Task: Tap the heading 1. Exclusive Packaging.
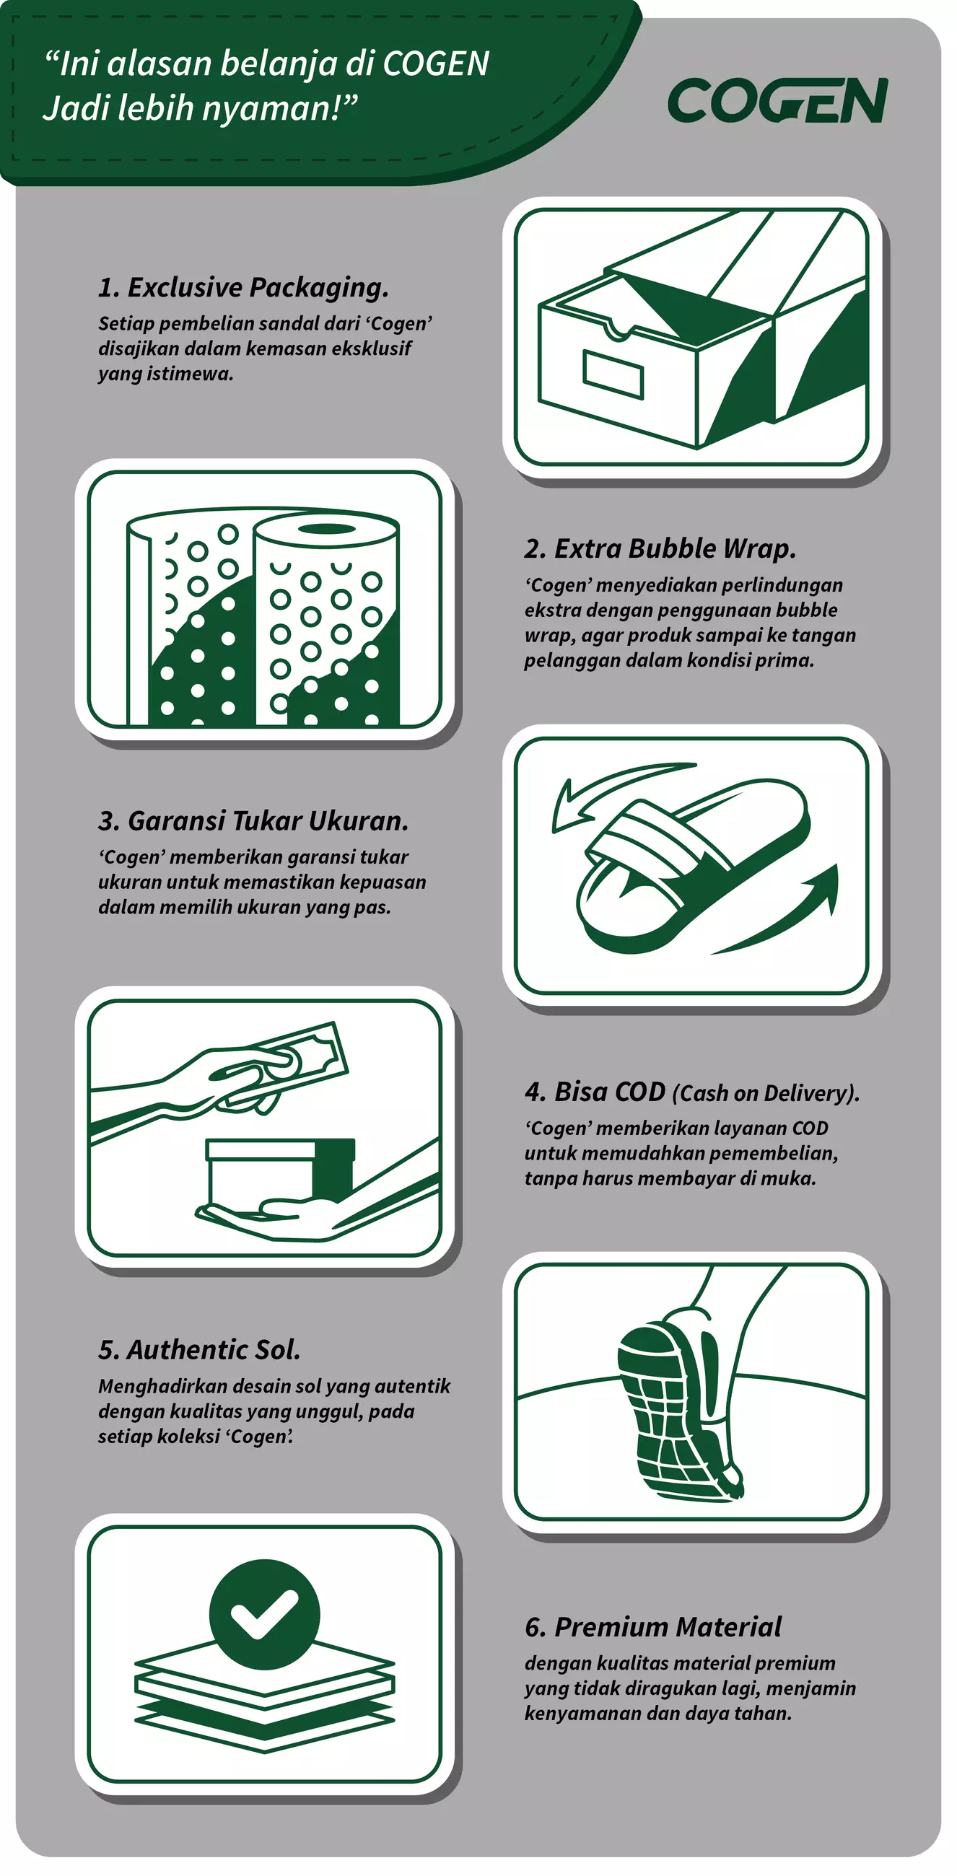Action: [x=243, y=288]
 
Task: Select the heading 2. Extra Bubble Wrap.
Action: [x=660, y=548]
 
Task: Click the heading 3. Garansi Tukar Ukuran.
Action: [x=253, y=821]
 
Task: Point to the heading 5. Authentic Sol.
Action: [x=198, y=1349]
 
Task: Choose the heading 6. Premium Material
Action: [x=652, y=1626]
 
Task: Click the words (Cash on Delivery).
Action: [x=766, y=1093]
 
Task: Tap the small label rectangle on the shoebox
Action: [x=613, y=374]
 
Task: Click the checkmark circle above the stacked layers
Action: [x=264, y=1614]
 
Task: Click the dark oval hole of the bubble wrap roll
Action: [x=327, y=529]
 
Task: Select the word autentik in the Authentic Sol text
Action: [x=413, y=1386]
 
